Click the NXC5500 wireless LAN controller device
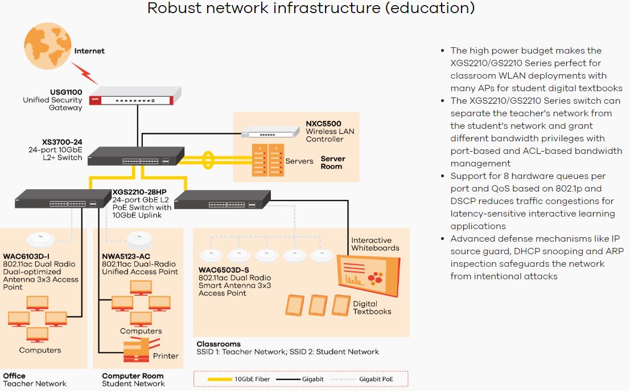pyautogui.click(x=269, y=131)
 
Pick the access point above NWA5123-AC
pyautogui.click(x=137, y=238)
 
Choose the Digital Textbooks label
pyautogui.click(x=372, y=308)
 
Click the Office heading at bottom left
pyautogui.click(x=14, y=376)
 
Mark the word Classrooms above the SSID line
pyautogui.click(x=219, y=344)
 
